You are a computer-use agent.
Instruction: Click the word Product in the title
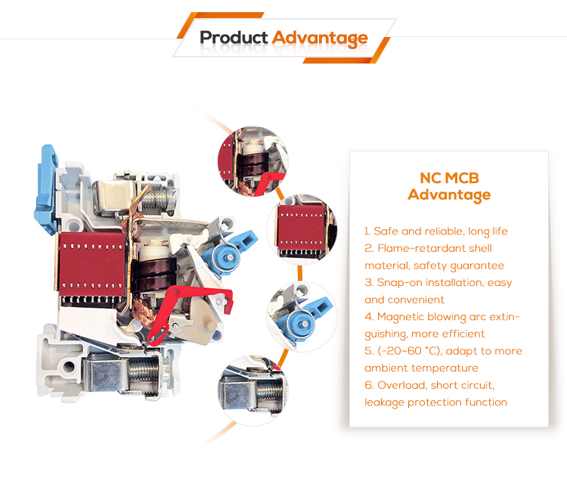(x=234, y=38)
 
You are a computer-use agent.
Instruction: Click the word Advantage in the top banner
(x=320, y=39)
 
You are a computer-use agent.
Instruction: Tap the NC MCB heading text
(x=449, y=178)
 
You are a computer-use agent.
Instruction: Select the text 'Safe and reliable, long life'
(x=441, y=232)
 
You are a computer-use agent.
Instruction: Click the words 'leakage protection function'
(x=435, y=402)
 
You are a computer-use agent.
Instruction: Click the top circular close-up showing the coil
(x=253, y=161)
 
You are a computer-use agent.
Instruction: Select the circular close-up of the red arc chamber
(x=302, y=229)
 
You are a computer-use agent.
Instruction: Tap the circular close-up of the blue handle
(x=302, y=316)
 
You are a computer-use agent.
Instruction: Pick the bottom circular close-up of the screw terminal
(x=253, y=390)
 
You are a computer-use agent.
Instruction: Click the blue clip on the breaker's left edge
(x=46, y=190)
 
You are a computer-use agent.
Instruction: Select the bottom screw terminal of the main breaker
(x=125, y=372)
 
